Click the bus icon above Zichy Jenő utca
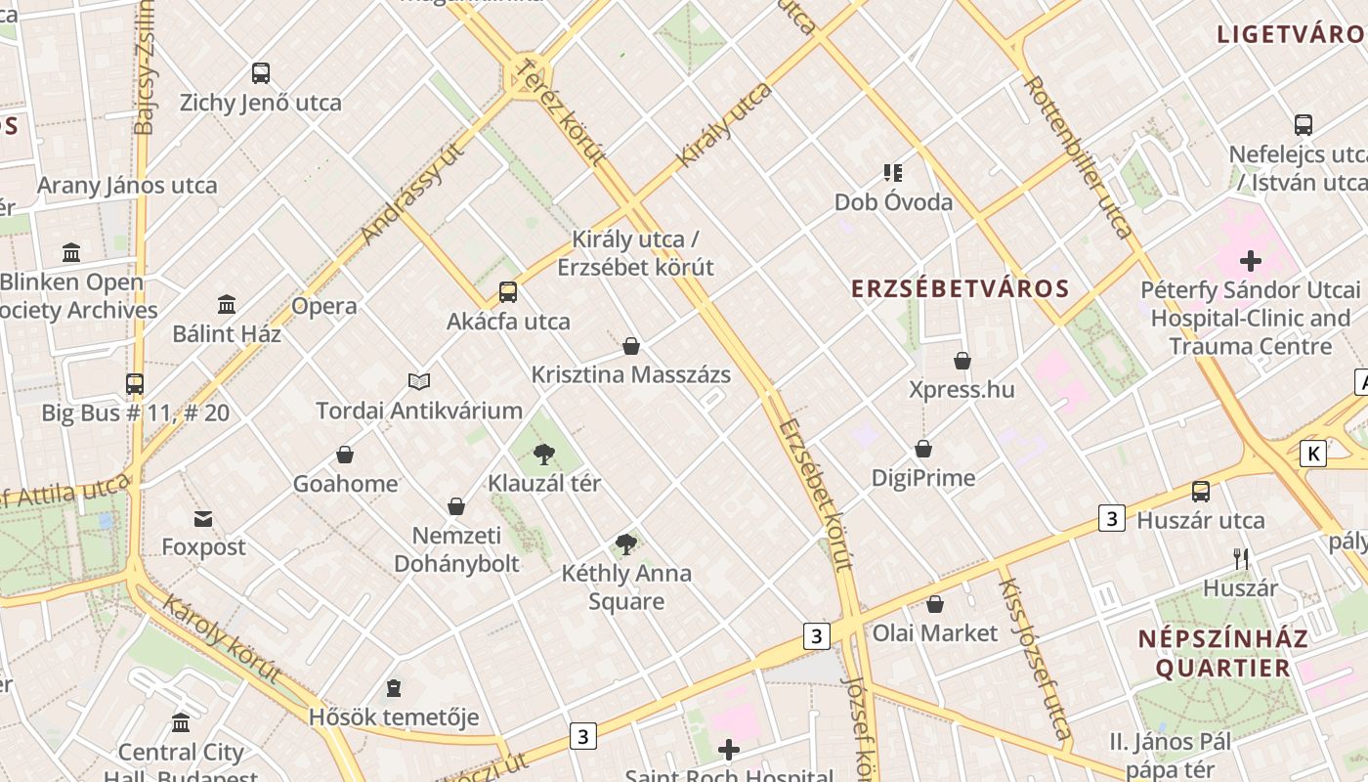pos(261,72)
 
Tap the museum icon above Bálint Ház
pos(227,304)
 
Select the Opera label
pos(324,306)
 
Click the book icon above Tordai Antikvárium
pos(419,381)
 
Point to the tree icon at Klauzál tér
pos(544,454)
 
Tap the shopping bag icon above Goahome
pos(345,455)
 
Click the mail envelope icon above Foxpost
pos(203,518)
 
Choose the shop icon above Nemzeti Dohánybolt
pos(456,506)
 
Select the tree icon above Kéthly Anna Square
pos(626,544)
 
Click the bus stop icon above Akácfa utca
pos(508,291)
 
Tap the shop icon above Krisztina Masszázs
pos(631,346)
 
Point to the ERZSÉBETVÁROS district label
pos(961,289)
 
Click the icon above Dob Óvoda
pos(892,173)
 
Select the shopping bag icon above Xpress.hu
pos(962,361)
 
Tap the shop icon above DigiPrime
pos(923,449)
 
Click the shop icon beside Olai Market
pos(935,604)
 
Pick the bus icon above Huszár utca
pos(1201,491)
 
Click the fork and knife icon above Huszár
pos(1241,559)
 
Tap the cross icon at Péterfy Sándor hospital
pos(1251,261)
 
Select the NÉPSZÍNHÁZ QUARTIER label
pos(1222,654)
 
